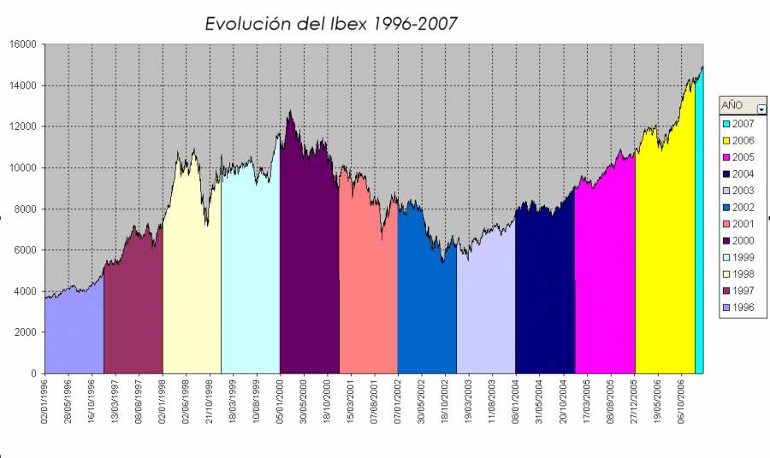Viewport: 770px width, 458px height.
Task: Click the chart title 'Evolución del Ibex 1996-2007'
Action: coord(331,24)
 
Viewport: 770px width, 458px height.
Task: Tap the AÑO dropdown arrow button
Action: coord(761,108)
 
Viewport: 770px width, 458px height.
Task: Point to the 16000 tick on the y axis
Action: coord(22,44)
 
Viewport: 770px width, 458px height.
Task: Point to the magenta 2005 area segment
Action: coord(605,282)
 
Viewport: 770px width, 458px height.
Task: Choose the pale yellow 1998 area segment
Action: coord(192,273)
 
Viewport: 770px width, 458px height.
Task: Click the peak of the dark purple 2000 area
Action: coord(291,111)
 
